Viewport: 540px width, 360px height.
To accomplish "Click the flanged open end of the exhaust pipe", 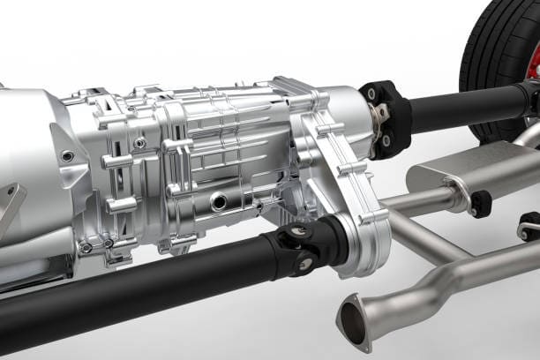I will pyautogui.click(x=355, y=319).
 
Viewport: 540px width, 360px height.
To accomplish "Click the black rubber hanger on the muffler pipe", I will pyautogui.click(x=480, y=204).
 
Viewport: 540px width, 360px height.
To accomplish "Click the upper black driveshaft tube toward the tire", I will pyautogui.click(x=468, y=107).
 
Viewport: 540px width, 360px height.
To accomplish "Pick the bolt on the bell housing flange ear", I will pyautogui.click(x=68, y=156).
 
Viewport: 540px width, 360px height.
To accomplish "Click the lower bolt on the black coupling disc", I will pyautogui.click(x=386, y=140).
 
